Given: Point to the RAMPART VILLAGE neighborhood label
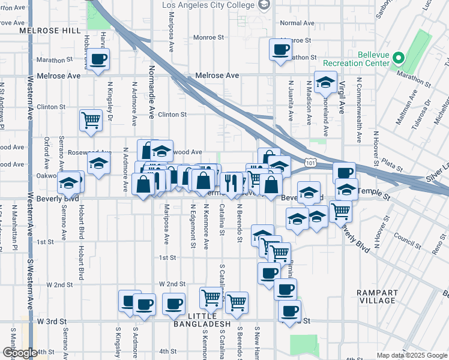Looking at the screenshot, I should click(376, 296).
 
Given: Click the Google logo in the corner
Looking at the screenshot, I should click(19, 353).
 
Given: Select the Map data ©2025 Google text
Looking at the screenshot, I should click(412, 355).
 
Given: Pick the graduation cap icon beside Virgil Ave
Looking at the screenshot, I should click(325, 83).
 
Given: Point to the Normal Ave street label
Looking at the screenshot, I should click(297, 23).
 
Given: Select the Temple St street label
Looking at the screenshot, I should click(374, 191).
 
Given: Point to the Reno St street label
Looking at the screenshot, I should click(436, 248).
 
